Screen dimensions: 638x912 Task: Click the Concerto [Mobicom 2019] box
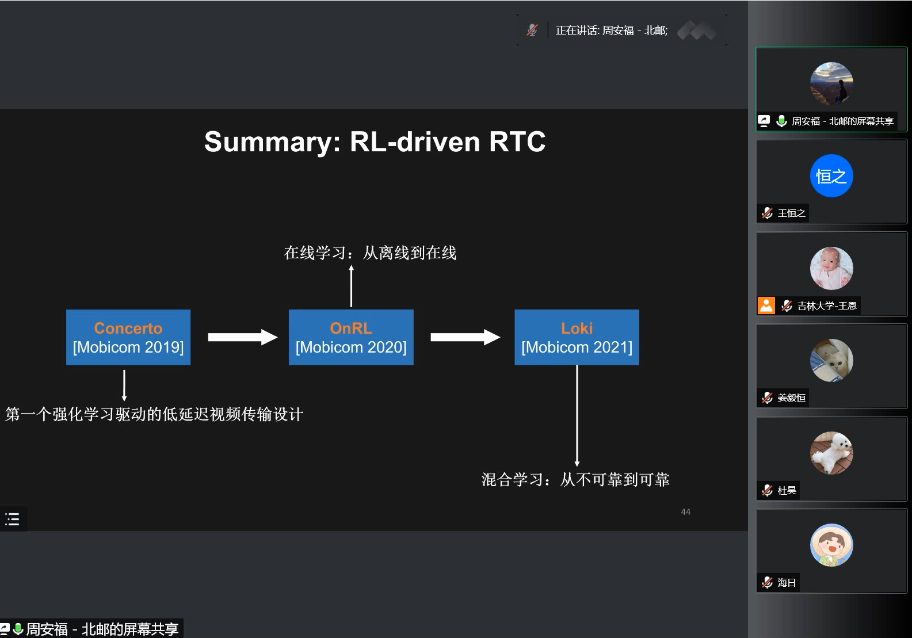coord(128,337)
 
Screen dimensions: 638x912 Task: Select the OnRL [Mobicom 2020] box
coord(351,337)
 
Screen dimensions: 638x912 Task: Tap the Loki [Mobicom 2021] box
coord(577,337)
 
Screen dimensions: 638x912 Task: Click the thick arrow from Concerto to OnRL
coord(242,337)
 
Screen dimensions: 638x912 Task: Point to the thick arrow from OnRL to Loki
coord(465,337)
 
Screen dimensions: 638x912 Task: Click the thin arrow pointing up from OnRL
coord(351,286)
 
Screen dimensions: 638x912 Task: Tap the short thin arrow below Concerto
coord(124,385)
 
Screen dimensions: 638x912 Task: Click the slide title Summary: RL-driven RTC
coord(375,142)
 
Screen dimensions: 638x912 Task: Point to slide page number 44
coord(685,512)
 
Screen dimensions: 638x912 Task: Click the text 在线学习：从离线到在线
coord(370,253)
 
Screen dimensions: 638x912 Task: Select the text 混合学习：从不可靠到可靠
coord(575,479)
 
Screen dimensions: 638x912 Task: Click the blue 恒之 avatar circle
coord(831,176)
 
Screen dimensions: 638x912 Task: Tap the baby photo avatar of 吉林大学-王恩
coord(831,268)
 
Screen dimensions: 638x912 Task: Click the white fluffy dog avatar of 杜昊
coord(831,453)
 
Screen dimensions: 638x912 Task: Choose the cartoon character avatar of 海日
coord(831,545)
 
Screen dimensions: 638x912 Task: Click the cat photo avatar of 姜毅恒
coord(831,360)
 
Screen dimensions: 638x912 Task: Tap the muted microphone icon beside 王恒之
coord(767,213)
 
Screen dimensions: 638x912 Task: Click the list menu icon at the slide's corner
coord(12,519)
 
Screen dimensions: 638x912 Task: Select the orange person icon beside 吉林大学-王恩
coord(766,305)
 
